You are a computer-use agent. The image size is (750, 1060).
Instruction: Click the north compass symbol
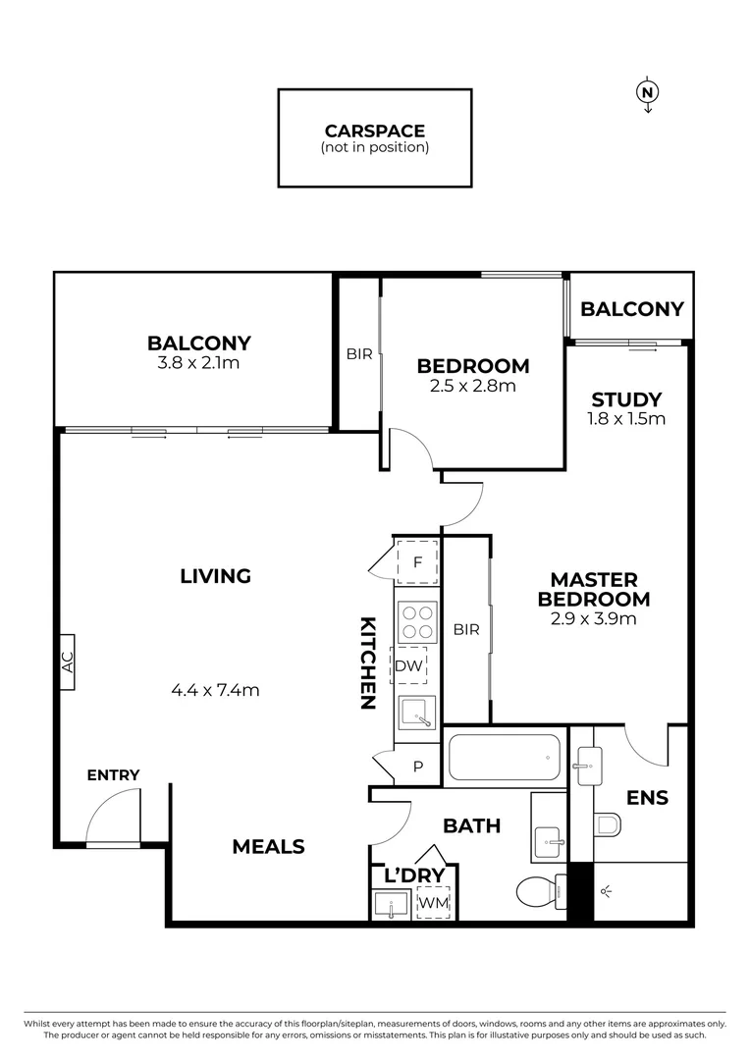click(x=646, y=93)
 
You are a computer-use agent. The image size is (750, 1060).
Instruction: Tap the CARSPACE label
click(x=374, y=132)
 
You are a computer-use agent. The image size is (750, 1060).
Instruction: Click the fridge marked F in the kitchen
click(x=417, y=563)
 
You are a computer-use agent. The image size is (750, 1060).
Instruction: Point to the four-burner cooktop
click(x=417, y=621)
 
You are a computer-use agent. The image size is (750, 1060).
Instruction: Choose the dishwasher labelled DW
click(x=409, y=666)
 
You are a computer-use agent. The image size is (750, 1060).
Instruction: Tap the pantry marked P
click(x=417, y=767)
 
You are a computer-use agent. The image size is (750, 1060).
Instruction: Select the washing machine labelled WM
click(x=432, y=900)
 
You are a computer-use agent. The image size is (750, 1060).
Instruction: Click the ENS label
click(x=648, y=798)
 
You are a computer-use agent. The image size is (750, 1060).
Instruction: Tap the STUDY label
click(x=626, y=399)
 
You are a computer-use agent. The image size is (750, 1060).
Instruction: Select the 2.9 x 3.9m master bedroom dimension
click(x=594, y=618)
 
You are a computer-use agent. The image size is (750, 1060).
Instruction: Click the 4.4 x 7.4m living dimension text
click(x=215, y=690)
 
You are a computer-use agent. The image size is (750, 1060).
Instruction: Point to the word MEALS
click(x=268, y=846)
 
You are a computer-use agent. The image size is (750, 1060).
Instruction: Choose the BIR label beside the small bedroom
click(x=359, y=354)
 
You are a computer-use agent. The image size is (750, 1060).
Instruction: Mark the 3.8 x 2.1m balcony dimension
click(x=199, y=362)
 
